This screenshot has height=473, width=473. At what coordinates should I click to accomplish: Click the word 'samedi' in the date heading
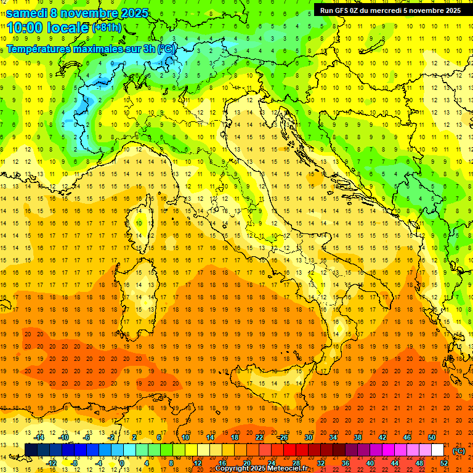click(x=27, y=13)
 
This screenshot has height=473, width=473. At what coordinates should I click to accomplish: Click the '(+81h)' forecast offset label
click(x=106, y=28)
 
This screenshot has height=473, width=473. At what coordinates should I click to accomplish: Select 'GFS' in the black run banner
click(x=343, y=10)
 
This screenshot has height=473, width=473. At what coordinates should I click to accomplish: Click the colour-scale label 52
click(x=444, y=463)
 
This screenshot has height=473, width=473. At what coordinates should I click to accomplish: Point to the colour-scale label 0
click(x=121, y=463)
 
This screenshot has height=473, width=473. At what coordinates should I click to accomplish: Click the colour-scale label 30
click(x=308, y=437)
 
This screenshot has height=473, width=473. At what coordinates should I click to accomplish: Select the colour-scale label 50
click(x=432, y=437)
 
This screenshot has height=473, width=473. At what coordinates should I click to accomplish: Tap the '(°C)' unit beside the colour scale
click(x=459, y=450)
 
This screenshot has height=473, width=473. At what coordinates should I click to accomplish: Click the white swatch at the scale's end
click(x=437, y=450)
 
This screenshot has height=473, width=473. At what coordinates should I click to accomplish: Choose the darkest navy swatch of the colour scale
click(x=31, y=450)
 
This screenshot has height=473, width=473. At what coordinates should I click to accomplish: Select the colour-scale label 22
click(x=259, y=437)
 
